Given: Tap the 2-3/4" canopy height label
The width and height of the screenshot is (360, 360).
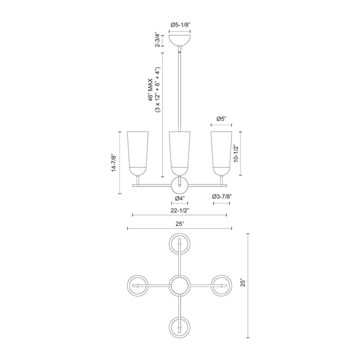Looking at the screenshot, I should pos(157,39).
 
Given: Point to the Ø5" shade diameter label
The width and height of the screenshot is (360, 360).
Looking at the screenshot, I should pos(221,119).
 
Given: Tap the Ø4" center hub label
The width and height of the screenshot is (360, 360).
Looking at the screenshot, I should pos(180,198).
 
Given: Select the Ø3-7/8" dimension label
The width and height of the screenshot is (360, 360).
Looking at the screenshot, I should pos(222,196).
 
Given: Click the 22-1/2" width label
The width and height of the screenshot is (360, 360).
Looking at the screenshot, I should pos(179,209).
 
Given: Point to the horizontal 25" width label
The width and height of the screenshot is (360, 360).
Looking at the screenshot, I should pos(179,223).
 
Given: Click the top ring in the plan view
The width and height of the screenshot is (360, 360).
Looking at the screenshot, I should pos(179,244).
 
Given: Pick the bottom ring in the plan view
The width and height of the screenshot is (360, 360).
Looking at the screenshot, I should pos(179,327).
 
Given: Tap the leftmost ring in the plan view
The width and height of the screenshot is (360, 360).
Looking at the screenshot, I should pos(137,286).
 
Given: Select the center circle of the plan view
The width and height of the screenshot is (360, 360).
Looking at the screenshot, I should pos(179,286).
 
